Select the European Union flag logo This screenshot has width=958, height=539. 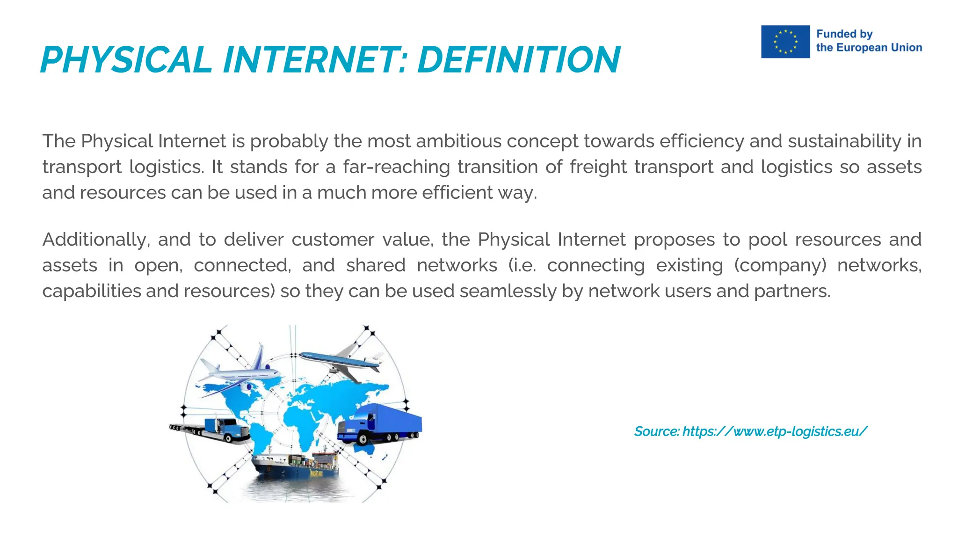click(785, 42)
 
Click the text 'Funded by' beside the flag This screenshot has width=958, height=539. click(844, 34)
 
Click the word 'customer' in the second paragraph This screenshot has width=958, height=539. click(333, 240)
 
